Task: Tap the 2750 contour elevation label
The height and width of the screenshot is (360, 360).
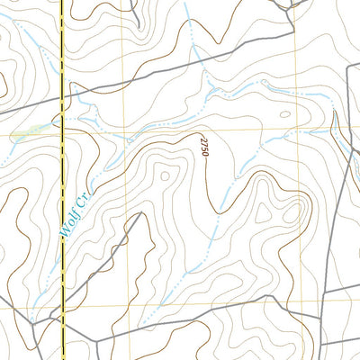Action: tap(204, 145)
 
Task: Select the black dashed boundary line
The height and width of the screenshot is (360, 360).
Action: tap(63, 180)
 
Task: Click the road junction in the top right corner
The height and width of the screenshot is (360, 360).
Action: tap(294, 8)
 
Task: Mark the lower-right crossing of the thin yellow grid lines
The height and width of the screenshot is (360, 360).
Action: tap(298, 304)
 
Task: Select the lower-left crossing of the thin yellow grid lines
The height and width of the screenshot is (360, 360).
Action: tap(142, 306)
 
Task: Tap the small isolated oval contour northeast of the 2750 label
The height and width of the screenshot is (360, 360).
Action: tap(285, 114)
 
